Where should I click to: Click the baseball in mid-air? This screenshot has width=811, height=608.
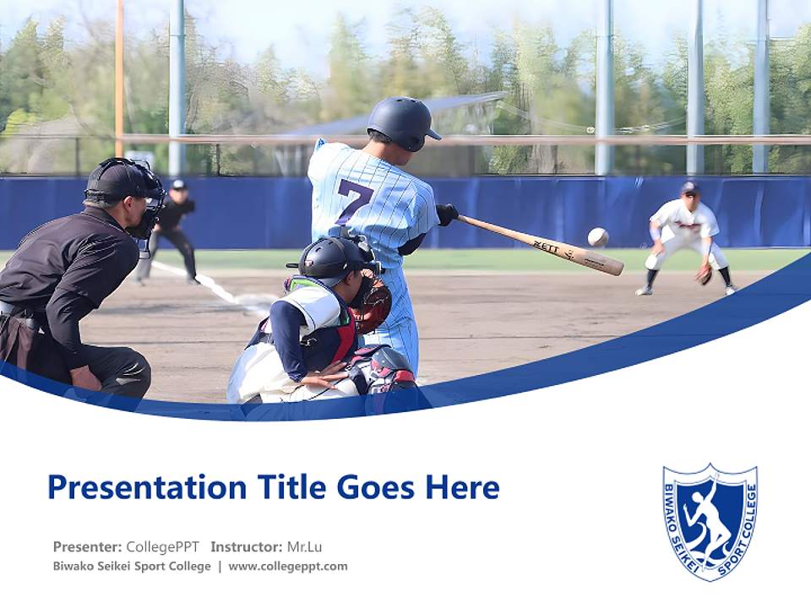(x=597, y=237)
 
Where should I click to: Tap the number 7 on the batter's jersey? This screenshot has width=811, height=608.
(x=354, y=201)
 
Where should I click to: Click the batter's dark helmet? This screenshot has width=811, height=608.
(x=403, y=122)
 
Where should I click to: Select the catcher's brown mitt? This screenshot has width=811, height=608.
(x=371, y=305)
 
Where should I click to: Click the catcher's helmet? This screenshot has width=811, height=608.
(x=329, y=258)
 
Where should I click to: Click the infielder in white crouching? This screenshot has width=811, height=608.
(x=686, y=238)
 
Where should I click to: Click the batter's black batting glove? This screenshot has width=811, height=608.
(x=446, y=214)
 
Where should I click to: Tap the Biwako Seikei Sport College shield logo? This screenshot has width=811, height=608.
(x=710, y=521)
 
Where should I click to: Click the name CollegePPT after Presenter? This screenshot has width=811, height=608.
(x=162, y=546)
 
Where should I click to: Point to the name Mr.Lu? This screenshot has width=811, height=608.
(x=304, y=546)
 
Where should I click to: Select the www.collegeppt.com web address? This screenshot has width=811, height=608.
(x=287, y=567)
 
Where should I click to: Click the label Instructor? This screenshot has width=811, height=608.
(x=246, y=546)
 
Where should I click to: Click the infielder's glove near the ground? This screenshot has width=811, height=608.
(x=704, y=274)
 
